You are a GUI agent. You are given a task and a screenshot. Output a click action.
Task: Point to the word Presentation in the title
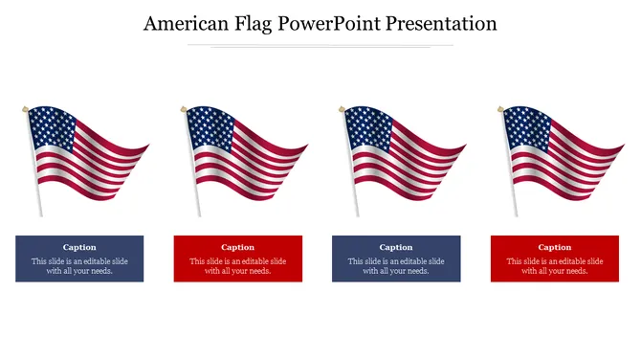pyautogui.click(x=441, y=24)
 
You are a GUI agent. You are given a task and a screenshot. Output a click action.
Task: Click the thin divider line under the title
pyautogui.click(x=320, y=45)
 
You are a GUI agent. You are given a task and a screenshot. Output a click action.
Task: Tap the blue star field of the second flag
pyautogui.click(x=210, y=128)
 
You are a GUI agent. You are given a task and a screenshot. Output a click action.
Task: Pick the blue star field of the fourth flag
pyautogui.click(x=526, y=128)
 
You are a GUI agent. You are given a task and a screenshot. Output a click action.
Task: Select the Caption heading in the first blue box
pyautogui.click(x=79, y=247)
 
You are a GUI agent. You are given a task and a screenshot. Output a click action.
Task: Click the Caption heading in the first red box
pyautogui.click(x=237, y=247)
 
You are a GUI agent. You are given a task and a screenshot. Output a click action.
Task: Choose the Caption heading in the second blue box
pyautogui.click(x=396, y=247)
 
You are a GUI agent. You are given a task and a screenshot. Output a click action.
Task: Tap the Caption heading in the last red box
pyautogui.click(x=554, y=247)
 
